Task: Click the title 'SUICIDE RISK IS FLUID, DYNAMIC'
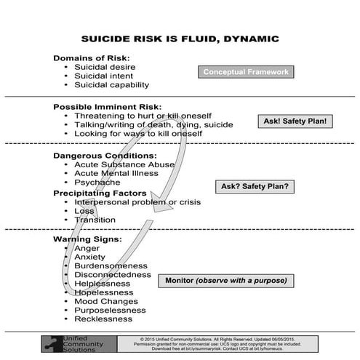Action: point(180,39)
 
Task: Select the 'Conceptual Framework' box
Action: point(246,72)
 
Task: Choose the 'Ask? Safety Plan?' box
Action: point(255,187)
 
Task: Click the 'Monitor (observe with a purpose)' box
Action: point(225,280)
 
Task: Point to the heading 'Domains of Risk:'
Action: point(91,58)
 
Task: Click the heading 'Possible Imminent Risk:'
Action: point(107,107)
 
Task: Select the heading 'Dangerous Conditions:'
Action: point(105,156)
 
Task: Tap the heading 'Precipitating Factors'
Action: point(100,193)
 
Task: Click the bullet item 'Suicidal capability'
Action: point(111,85)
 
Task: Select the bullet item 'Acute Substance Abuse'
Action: point(124,165)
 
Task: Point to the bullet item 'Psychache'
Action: point(97,183)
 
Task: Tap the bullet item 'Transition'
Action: point(95,220)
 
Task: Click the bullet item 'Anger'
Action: point(87,248)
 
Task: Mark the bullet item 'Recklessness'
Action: point(103,319)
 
